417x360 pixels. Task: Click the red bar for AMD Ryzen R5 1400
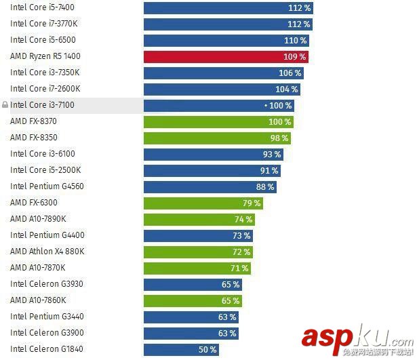pos(217,56)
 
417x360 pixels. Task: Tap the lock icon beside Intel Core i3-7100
pos(5,105)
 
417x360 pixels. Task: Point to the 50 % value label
pos(207,349)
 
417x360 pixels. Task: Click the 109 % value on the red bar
pos(295,57)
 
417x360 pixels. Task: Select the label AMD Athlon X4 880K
pos(47,252)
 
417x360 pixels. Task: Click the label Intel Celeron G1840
pos(46,349)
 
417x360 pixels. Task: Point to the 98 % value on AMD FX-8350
pos(279,138)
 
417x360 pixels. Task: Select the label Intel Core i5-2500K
pos(45,170)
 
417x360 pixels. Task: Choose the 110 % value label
pos(295,41)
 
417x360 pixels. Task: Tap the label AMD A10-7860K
pos(38,300)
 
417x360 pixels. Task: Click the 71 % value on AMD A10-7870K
pos(239,268)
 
